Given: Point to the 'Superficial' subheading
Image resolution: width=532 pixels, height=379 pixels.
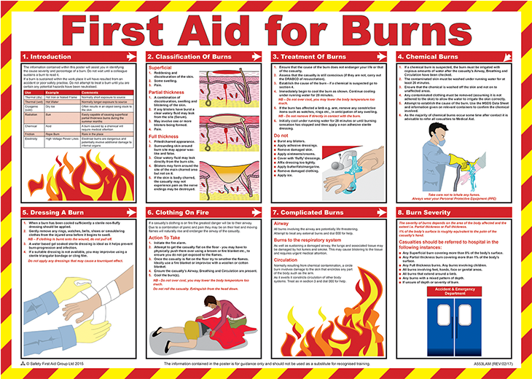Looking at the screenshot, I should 161,67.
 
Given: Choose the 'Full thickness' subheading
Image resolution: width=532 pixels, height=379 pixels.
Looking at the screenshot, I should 164,136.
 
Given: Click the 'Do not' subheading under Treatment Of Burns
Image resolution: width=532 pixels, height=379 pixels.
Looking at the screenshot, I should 281,136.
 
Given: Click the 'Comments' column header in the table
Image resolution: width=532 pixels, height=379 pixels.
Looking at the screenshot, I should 91,93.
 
